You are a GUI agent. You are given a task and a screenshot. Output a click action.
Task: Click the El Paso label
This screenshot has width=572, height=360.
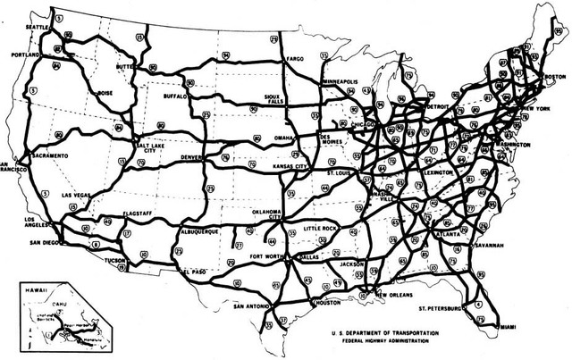click(197, 271)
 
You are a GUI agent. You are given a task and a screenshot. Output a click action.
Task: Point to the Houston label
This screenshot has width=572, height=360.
click(330, 303)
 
